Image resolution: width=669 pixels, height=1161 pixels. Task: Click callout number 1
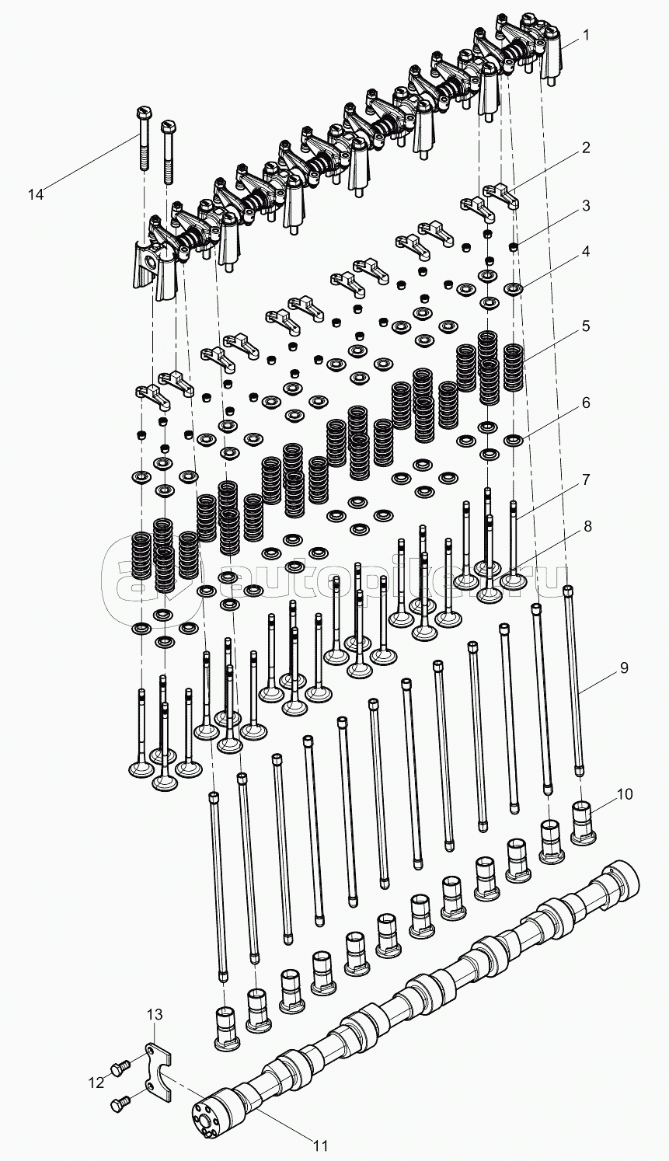(x=586, y=34)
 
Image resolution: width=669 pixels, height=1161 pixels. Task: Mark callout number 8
(x=587, y=526)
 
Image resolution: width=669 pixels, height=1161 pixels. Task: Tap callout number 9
(x=623, y=668)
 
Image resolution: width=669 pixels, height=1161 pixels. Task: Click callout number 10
(x=625, y=794)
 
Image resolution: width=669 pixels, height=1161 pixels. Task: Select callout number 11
(x=321, y=1145)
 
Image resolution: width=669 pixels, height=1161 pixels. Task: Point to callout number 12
(x=96, y=1082)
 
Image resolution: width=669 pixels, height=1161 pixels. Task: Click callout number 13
(x=155, y=1014)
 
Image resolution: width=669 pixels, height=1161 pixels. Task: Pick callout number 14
(x=36, y=193)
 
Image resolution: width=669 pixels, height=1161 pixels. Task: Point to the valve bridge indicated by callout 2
(x=500, y=193)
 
